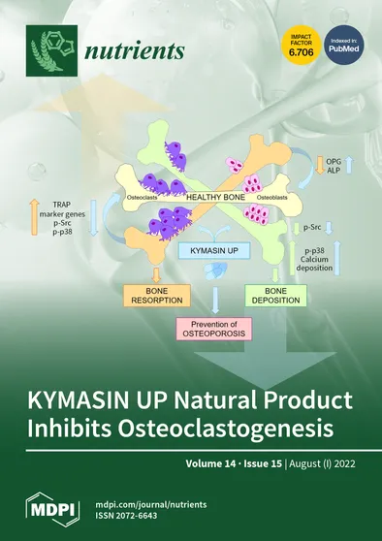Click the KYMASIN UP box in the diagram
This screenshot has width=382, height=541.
pyautogui.click(x=207, y=250)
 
